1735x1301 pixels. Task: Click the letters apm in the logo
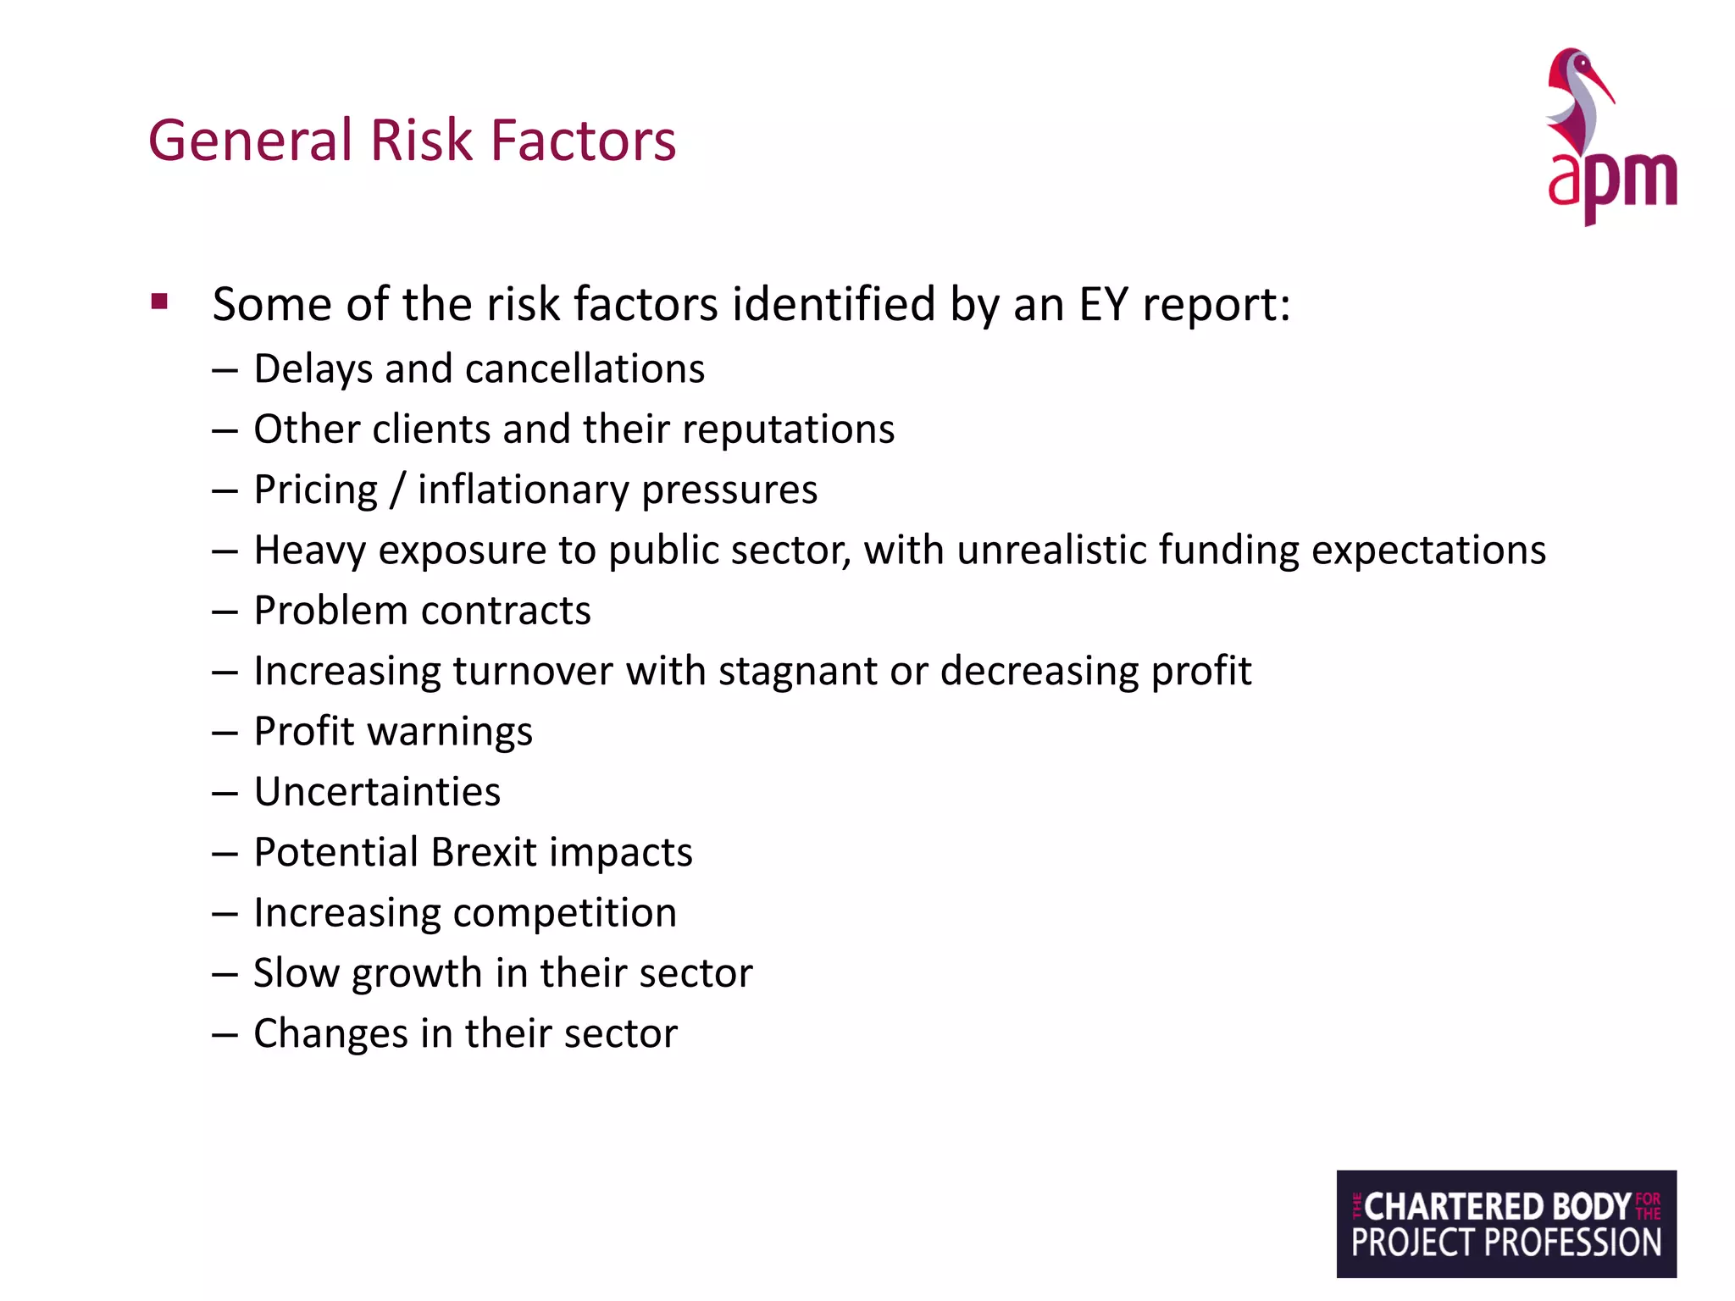[1611, 180]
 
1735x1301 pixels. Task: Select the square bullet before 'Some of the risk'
[159, 302]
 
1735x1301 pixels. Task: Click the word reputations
[788, 429]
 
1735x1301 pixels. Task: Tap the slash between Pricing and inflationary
[396, 490]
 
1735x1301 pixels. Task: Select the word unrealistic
[1050, 550]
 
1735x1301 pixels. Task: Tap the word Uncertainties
[377, 792]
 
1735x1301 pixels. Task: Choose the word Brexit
[484, 852]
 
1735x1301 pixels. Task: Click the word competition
[564, 913]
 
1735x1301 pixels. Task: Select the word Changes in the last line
[330, 1034]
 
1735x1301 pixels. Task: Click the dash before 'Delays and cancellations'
[224, 371]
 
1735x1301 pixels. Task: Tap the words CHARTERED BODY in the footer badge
[1497, 1206]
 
